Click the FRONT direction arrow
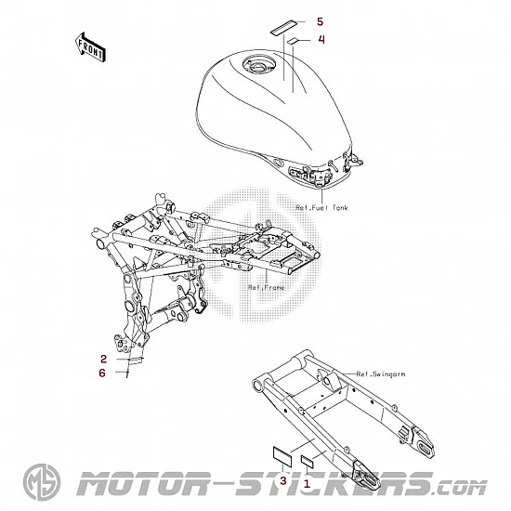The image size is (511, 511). click(x=89, y=48)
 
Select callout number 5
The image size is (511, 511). click(x=320, y=22)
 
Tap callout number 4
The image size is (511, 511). click(x=321, y=39)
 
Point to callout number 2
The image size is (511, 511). click(x=104, y=359)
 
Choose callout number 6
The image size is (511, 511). click(x=102, y=373)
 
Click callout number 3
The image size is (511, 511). click(x=283, y=480)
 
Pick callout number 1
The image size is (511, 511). click(x=307, y=484)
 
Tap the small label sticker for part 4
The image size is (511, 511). click(x=293, y=40)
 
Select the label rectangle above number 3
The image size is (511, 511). click(x=282, y=454)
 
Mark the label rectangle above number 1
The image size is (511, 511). click(x=307, y=461)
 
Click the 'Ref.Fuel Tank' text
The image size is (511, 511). click(x=321, y=207)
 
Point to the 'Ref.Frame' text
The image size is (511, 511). click(x=266, y=288)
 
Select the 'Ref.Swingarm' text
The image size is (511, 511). click(x=381, y=374)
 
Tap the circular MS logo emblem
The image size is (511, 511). click(x=42, y=482)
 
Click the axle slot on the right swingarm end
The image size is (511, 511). click(x=426, y=450)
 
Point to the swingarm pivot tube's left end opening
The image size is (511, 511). click(x=257, y=385)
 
